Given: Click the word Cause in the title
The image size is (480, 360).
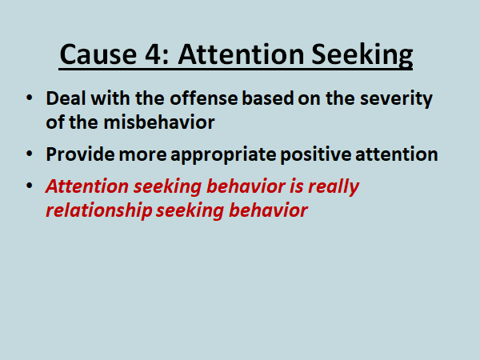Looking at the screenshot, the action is (98, 54).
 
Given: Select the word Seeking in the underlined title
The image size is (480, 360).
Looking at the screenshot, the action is (362, 55).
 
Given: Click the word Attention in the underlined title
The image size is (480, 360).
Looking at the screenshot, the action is (241, 54).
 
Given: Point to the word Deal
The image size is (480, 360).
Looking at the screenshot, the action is (66, 98).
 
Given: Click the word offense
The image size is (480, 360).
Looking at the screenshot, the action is (203, 98).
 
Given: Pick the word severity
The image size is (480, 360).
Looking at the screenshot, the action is (396, 99).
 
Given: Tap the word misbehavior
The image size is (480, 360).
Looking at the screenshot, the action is (159, 122).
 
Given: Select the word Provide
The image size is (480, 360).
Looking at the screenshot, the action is (80, 154).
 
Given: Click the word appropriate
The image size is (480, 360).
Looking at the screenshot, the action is (223, 155).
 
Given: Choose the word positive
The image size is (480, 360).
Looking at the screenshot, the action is (316, 155).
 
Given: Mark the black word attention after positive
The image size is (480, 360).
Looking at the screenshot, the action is (397, 154).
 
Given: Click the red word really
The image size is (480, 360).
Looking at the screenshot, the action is (334, 187).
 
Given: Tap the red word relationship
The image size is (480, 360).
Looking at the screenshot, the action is (99, 211).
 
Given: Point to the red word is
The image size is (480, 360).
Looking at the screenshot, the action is (296, 186).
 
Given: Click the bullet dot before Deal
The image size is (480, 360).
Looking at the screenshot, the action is (30, 98).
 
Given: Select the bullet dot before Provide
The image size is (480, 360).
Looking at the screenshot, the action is (30, 154).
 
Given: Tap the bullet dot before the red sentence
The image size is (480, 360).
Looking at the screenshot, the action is (30, 186).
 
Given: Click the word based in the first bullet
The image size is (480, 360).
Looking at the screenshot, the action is (268, 98).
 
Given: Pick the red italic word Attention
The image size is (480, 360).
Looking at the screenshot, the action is (87, 186).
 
